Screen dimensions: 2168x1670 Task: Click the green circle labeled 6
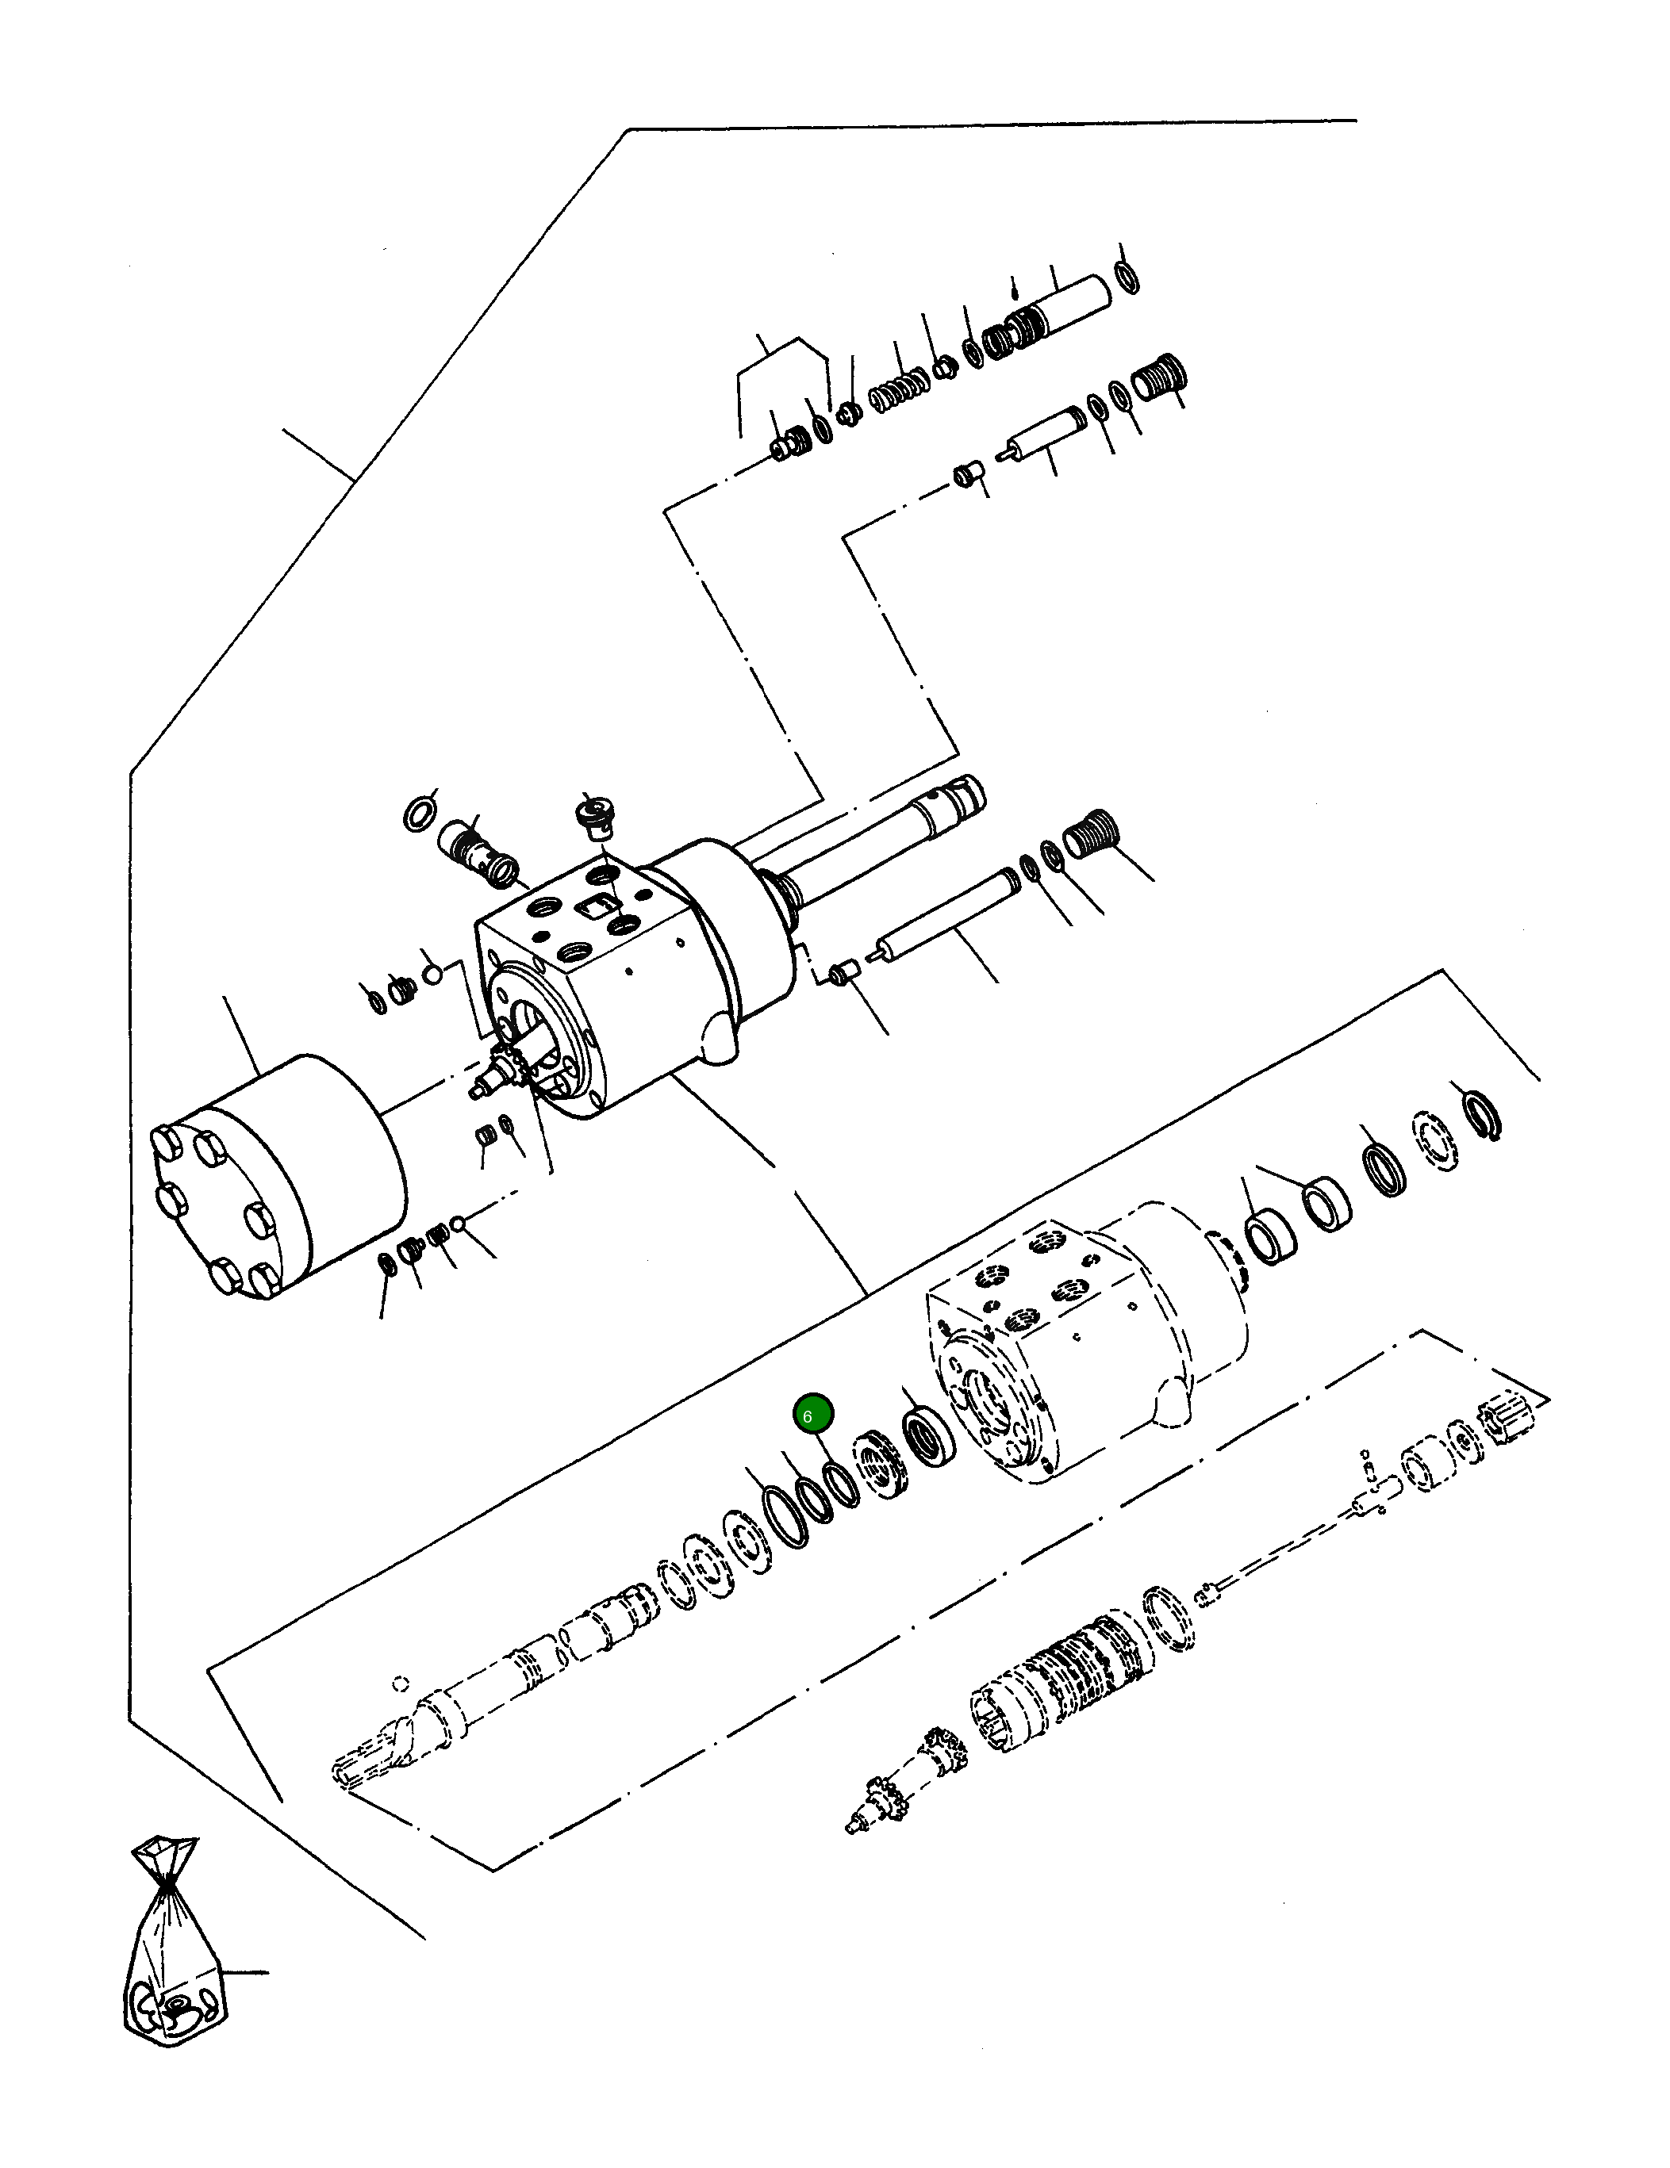[812, 1415]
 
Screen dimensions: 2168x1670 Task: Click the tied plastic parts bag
[173, 1959]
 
